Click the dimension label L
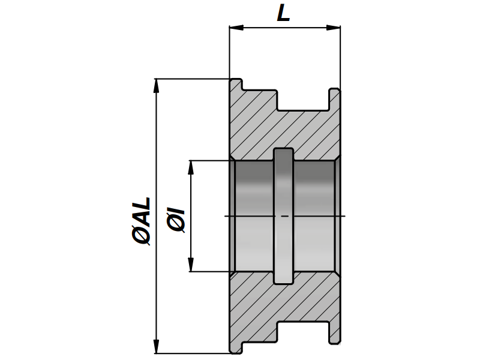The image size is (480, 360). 284,13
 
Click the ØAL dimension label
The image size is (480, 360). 142,221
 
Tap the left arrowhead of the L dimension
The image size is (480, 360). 236,27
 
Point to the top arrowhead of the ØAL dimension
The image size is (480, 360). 157,85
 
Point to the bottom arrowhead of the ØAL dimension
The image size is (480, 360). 157,347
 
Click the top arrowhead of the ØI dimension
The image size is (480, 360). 191,167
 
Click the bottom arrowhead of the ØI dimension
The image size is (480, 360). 191,265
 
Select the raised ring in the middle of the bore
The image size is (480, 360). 283,216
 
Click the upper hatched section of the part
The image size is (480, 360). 282,129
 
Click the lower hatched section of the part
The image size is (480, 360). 282,303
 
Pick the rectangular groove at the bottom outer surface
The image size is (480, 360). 302,331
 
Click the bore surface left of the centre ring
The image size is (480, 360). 253,216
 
